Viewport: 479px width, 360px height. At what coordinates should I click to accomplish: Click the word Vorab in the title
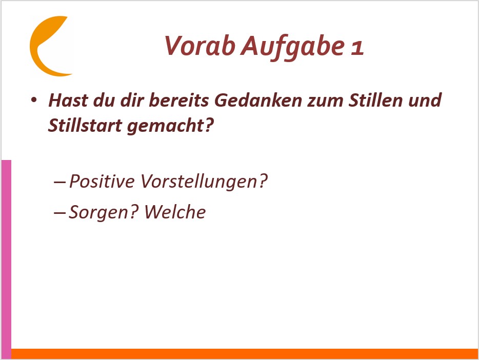tap(200, 46)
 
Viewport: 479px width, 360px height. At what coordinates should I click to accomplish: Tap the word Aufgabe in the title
tap(293, 47)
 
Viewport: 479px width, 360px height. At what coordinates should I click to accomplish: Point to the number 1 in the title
tap(357, 48)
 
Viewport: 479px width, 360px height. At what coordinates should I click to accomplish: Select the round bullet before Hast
tap(34, 99)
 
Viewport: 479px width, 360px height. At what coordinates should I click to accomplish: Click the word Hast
tap(68, 100)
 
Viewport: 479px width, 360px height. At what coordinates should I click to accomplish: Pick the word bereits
tap(179, 100)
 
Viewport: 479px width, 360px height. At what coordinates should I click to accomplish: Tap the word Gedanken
tap(258, 100)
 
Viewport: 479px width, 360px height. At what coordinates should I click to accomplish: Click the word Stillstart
tap(85, 126)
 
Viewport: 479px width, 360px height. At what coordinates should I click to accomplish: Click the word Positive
tap(102, 181)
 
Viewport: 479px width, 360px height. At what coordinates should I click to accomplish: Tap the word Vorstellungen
tap(200, 182)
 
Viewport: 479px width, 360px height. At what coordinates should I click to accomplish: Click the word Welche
tap(175, 212)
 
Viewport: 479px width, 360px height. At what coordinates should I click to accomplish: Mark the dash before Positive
tap(59, 182)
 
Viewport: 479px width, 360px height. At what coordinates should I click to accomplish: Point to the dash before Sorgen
tap(59, 212)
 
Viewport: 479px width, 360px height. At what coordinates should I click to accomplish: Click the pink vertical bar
tap(7, 259)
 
